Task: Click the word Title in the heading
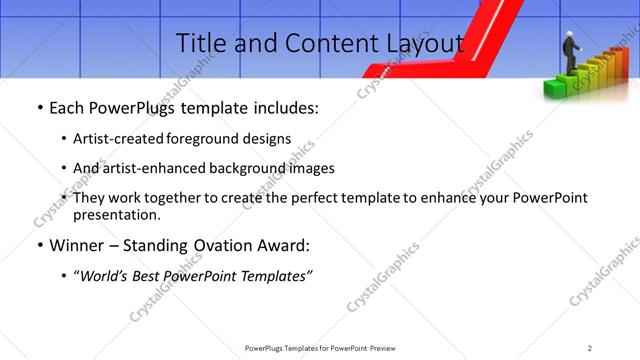click(x=200, y=43)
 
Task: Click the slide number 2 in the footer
click(x=589, y=347)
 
